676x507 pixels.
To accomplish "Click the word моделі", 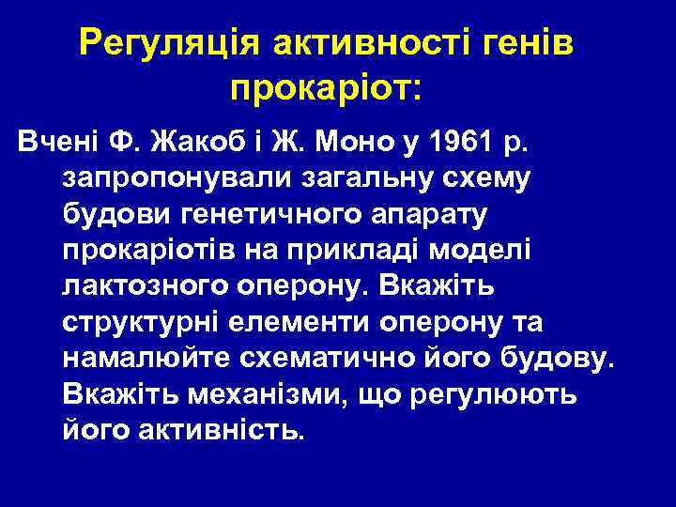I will coord(482,252).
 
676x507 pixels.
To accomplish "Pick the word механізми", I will coord(251,394).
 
